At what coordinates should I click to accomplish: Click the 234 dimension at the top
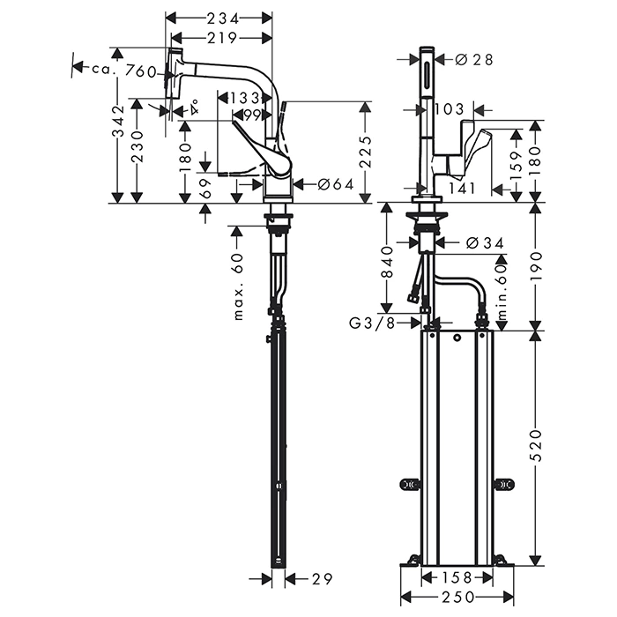219,18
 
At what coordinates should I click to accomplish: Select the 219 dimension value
219,37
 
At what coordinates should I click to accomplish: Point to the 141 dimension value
462,187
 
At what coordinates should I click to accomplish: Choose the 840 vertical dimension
386,262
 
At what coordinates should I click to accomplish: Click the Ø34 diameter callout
481,242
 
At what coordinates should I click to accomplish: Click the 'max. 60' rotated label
238,286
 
